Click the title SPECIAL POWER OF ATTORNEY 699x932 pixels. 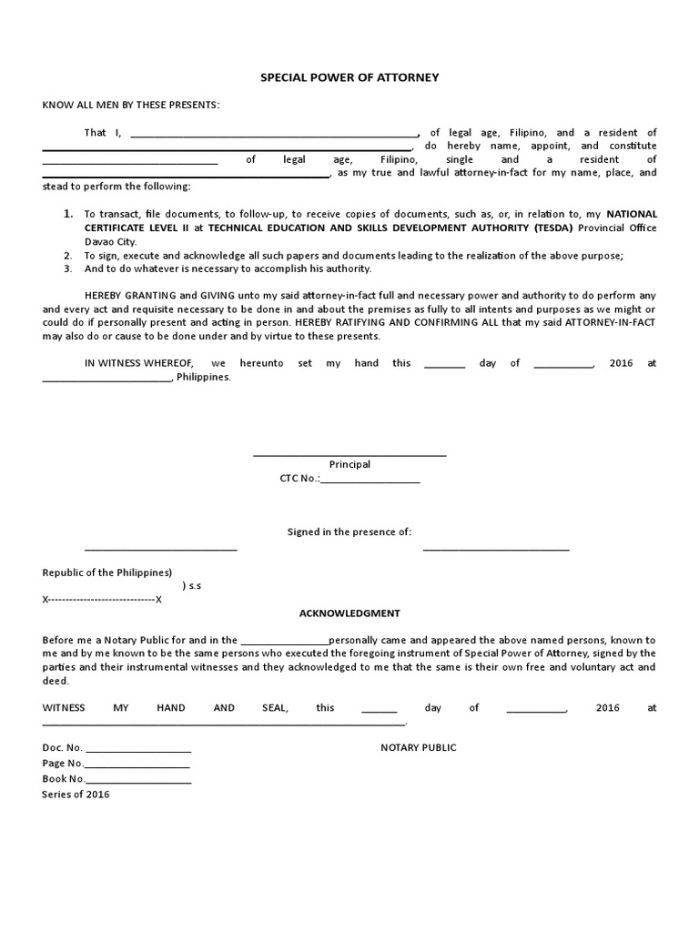pos(350,77)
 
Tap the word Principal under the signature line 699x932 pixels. pos(349,464)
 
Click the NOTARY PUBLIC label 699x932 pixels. pos(418,747)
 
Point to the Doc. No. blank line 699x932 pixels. pos(137,750)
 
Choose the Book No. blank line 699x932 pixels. pos(138,782)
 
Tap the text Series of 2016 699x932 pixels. pos(76,795)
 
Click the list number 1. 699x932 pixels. pos(67,213)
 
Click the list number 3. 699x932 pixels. pos(67,268)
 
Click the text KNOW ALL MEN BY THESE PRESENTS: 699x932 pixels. pos(131,105)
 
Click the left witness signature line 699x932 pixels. pos(161,550)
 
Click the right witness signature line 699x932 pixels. pos(496,550)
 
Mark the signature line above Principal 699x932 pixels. pos(349,453)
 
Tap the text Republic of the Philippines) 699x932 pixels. pos(107,572)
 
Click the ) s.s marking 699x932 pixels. pos(192,586)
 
